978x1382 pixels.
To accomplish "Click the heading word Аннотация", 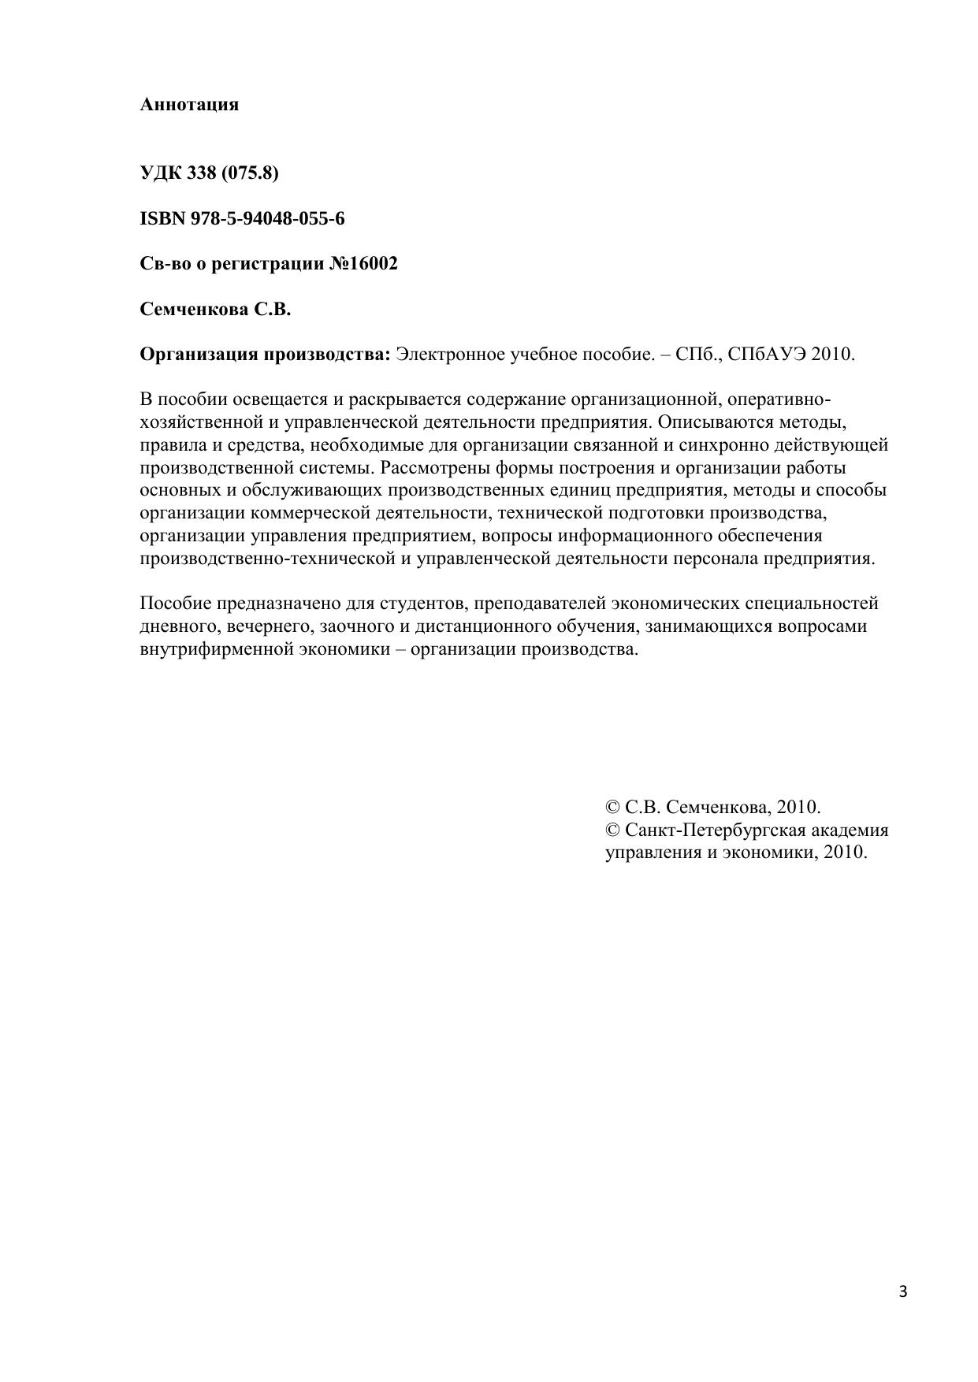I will coord(189,105).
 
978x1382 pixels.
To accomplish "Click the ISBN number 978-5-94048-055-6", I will coord(267,218).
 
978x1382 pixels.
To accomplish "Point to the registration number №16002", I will coord(363,264).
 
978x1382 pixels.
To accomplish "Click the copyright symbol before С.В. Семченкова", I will coord(612,808).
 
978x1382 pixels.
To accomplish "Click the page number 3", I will coord(903,1291).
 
